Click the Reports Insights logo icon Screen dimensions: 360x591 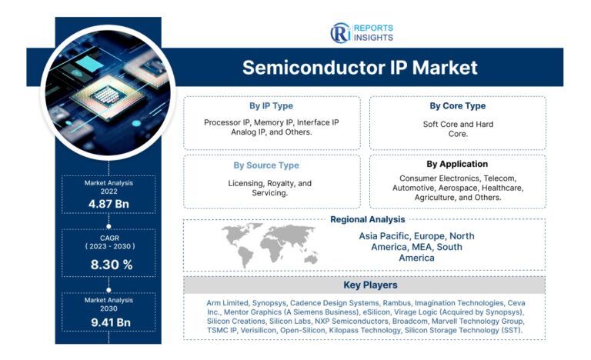339,33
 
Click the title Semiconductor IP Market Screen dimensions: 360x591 359,68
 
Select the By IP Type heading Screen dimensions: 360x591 271,106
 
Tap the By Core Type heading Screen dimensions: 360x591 458,106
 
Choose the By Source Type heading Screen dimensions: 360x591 266,165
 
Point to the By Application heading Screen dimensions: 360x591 457,164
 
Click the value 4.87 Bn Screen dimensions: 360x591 109,202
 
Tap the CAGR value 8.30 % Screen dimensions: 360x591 109,265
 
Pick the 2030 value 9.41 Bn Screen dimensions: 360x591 109,322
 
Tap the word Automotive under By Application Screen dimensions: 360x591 417,188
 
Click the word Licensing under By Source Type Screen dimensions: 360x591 250,184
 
